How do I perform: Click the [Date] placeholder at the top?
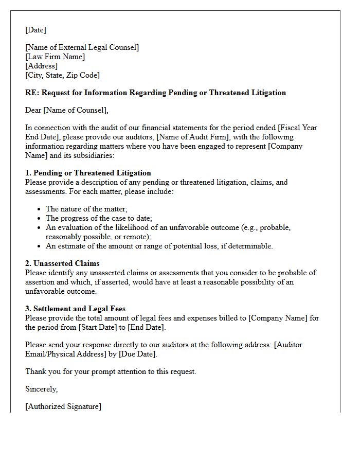[35, 30]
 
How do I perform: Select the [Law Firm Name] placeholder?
[55, 57]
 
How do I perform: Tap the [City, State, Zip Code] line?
[62, 75]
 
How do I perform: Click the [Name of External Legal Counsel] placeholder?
[82, 47]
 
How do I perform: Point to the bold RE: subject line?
[155, 93]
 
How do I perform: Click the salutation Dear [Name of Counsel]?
[67, 110]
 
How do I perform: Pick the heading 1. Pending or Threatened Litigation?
[88, 173]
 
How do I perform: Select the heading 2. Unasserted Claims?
[62, 263]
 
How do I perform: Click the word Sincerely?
[41, 389]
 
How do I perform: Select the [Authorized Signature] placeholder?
[63, 406]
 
